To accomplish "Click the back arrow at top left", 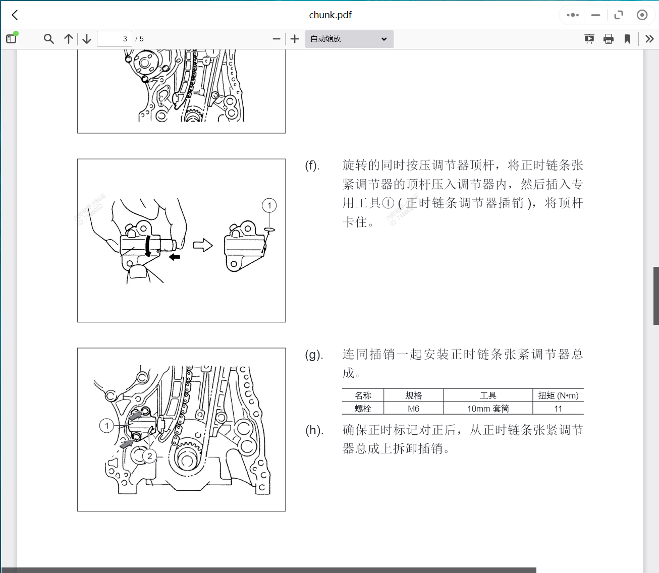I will click(x=15, y=15).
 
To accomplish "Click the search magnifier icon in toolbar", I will click(x=48, y=39).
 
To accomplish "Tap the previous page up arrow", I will click(x=69, y=39).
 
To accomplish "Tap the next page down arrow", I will click(x=87, y=39).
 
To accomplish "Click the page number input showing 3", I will click(x=115, y=39).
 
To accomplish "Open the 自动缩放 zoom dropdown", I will click(x=349, y=39).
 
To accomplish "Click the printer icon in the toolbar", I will click(x=609, y=39).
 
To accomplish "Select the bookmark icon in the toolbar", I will click(x=627, y=39).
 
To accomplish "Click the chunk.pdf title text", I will click(x=330, y=15).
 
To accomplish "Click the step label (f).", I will click(x=312, y=165).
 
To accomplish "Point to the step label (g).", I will click(x=313, y=355).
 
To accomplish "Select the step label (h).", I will click(x=314, y=430).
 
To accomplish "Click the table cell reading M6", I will click(x=413, y=409).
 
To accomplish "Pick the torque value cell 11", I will click(x=558, y=409).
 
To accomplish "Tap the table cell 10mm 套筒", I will click(x=487, y=409).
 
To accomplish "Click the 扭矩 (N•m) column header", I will click(x=558, y=395).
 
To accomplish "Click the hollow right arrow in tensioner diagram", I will click(x=203, y=246).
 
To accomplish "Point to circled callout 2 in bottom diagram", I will click(x=149, y=456).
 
